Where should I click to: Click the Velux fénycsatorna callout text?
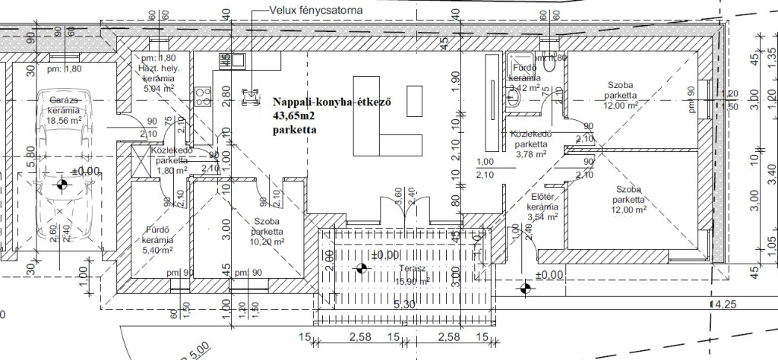click(316, 10)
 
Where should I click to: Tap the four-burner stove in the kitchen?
click(203, 96)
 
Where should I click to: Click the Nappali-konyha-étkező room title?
click(330, 104)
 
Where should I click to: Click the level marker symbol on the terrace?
click(361, 267)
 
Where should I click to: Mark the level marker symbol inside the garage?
click(62, 184)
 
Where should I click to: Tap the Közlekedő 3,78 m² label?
click(530, 144)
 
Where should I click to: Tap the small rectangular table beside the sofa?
click(414, 98)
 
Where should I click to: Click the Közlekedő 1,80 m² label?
click(170, 160)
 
